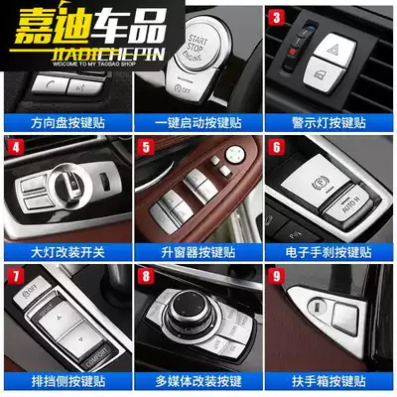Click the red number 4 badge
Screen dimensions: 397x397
click(15, 149)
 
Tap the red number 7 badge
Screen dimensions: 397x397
click(15, 275)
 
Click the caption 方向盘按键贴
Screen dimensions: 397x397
click(66, 122)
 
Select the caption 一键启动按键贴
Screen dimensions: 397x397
click(198, 122)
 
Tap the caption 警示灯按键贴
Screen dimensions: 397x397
click(330, 122)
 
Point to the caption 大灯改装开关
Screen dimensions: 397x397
click(66, 251)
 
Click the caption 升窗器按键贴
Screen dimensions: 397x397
click(198, 251)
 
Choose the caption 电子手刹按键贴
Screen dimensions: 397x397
click(330, 251)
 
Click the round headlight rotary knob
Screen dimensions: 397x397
click(67, 184)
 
